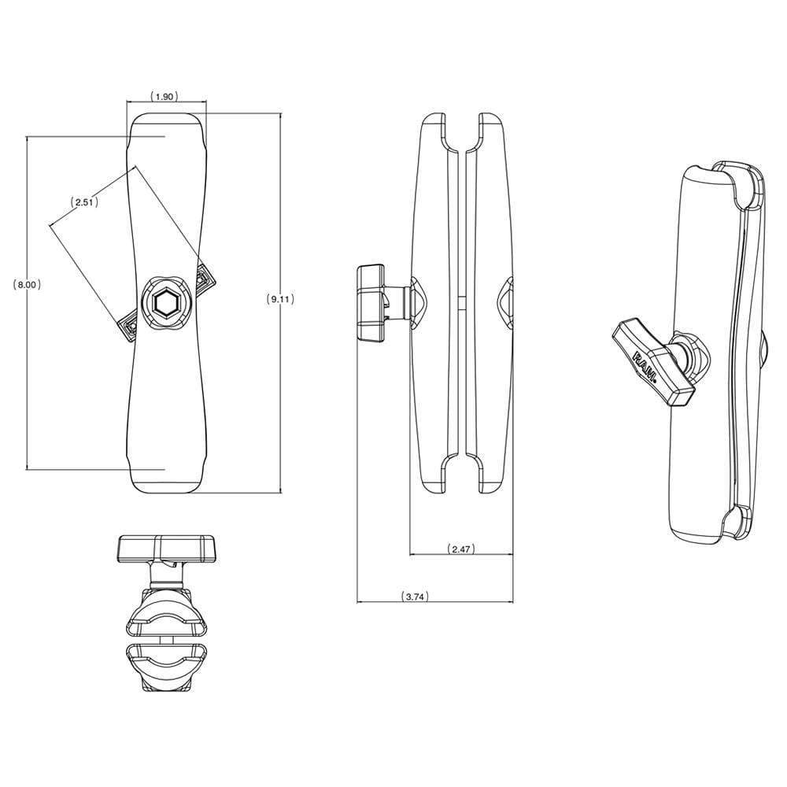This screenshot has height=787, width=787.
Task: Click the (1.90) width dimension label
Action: click(164, 96)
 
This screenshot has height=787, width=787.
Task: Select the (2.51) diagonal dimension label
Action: click(83, 202)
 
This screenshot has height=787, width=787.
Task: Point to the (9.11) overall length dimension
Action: click(281, 299)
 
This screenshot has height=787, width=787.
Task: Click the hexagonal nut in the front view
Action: click(166, 302)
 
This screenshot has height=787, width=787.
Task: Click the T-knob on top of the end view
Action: click(166, 547)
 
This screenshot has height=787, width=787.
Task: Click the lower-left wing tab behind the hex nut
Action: click(130, 327)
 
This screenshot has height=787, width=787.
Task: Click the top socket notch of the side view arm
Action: click(461, 134)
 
